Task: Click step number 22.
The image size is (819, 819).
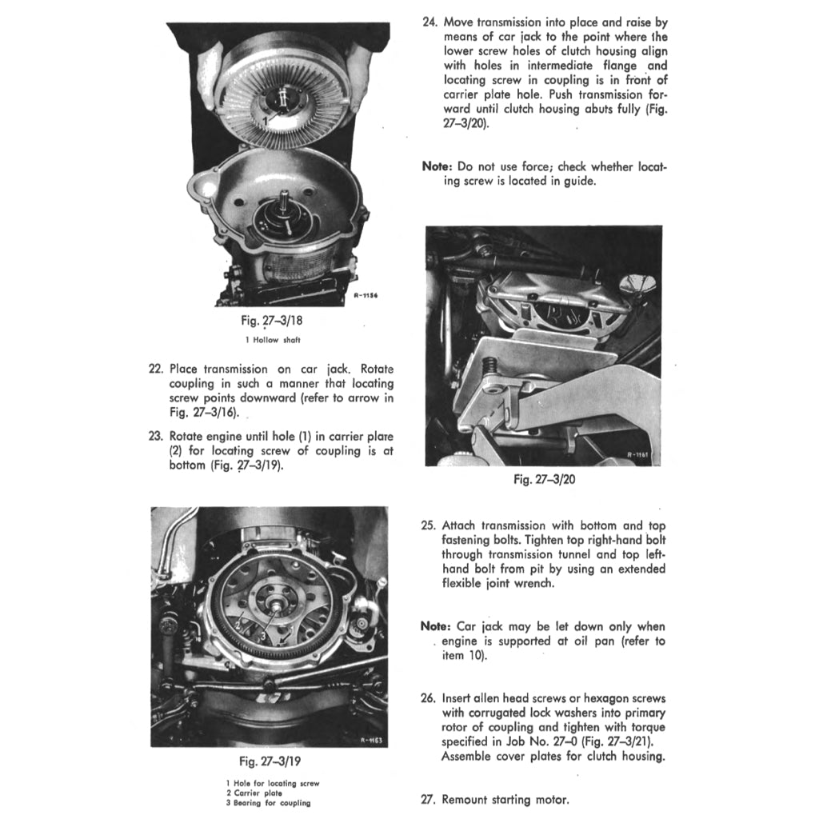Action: [156, 370]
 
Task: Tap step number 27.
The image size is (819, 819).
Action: [428, 799]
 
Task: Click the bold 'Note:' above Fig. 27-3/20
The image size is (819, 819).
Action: [437, 166]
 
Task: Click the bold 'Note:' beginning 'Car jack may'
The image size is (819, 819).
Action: [437, 626]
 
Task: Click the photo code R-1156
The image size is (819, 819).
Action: [365, 296]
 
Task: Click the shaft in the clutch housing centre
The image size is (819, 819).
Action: [285, 210]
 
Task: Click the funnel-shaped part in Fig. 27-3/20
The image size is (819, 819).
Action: [640, 284]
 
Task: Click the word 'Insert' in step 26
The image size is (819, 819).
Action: [459, 698]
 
